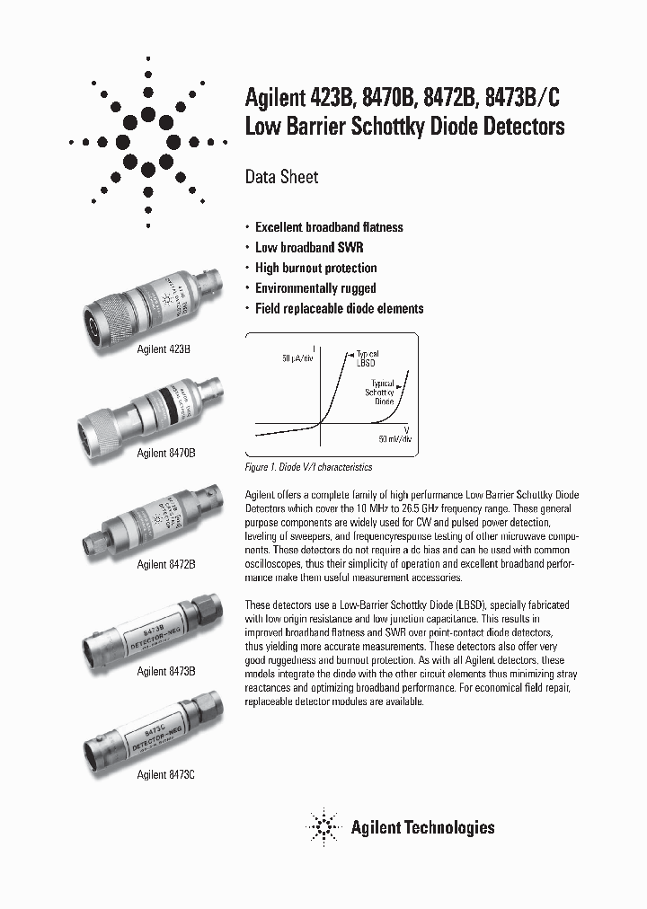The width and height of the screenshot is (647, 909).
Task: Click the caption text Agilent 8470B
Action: (165, 454)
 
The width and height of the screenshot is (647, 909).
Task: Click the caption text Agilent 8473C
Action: (165, 773)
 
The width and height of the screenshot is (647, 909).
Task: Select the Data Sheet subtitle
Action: (281, 177)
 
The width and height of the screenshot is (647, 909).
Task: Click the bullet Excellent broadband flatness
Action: (329, 227)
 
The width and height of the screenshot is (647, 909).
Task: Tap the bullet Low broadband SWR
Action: (309, 248)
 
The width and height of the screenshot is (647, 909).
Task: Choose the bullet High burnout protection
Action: (315, 268)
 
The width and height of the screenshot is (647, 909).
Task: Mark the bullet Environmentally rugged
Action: (315, 288)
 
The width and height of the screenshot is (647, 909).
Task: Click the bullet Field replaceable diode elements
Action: (339, 308)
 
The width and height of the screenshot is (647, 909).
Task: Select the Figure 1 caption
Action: (308, 467)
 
